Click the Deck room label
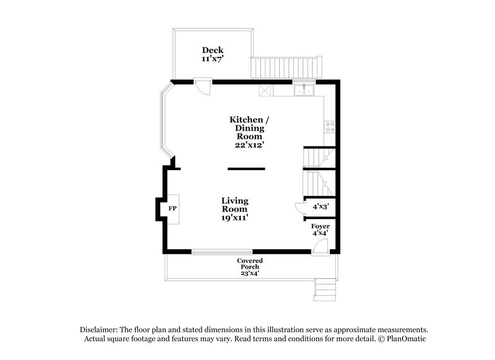pyautogui.click(x=212, y=50)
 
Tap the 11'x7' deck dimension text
pyautogui.click(x=212, y=59)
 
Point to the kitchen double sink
pyautogui.click(x=304, y=92)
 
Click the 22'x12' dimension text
pyautogui.click(x=249, y=145)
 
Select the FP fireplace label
pyautogui.click(x=173, y=209)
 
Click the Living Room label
pyautogui.click(x=235, y=205)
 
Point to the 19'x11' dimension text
pyautogui.click(x=235, y=218)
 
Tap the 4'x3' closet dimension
pyautogui.click(x=321, y=206)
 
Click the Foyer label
pyautogui.click(x=321, y=227)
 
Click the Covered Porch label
pyautogui.click(x=249, y=265)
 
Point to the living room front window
pyautogui.click(x=222, y=251)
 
